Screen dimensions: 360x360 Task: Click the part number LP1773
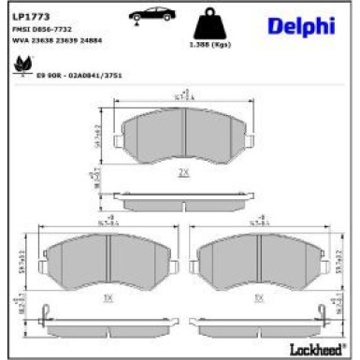(29, 17)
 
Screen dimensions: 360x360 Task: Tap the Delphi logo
(301, 27)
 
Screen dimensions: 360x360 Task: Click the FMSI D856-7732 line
(41, 30)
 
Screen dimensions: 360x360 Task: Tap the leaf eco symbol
(20, 66)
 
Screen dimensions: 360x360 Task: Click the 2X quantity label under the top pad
(183, 173)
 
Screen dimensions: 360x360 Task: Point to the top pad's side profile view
(183, 199)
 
